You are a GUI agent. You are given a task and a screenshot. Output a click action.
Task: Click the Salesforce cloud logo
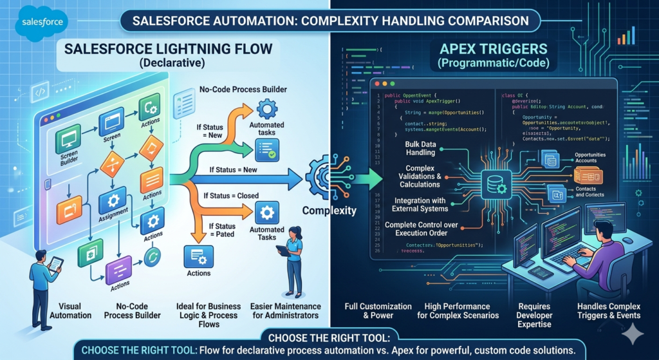pos(42,22)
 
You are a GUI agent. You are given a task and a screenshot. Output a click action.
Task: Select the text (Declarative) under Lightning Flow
pos(169,62)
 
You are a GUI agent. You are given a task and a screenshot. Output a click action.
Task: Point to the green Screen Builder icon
pos(68,138)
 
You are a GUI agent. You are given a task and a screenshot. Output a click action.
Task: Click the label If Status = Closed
pos(231,195)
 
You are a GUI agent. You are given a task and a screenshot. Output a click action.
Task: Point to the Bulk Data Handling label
pos(420,147)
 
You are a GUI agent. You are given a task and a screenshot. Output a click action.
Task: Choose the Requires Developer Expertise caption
pos(535,311)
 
